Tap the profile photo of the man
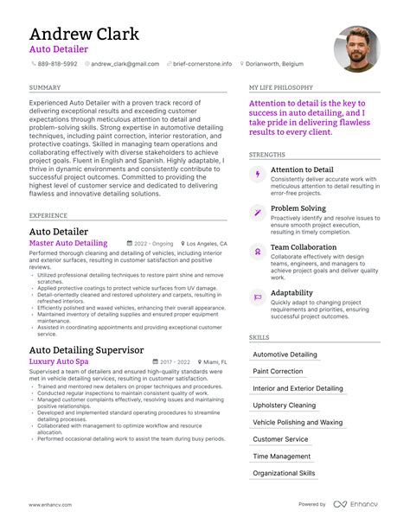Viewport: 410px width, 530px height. tap(356, 49)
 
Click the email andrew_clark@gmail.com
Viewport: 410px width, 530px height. tap(125, 64)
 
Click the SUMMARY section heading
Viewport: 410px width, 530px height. tap(44, 88)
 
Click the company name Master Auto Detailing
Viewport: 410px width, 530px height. tap(68, 244)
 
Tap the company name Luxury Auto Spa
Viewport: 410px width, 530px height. tap(59, 361)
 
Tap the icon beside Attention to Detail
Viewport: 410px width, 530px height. tap(257, 175)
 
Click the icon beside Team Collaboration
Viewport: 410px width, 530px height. tap(257, 251)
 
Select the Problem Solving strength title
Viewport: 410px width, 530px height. tap(298, 208)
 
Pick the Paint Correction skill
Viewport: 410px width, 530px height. tap(278, 371)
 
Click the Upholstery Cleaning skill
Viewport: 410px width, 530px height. tap(284, 405)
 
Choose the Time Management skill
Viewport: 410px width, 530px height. tap(281, 457)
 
